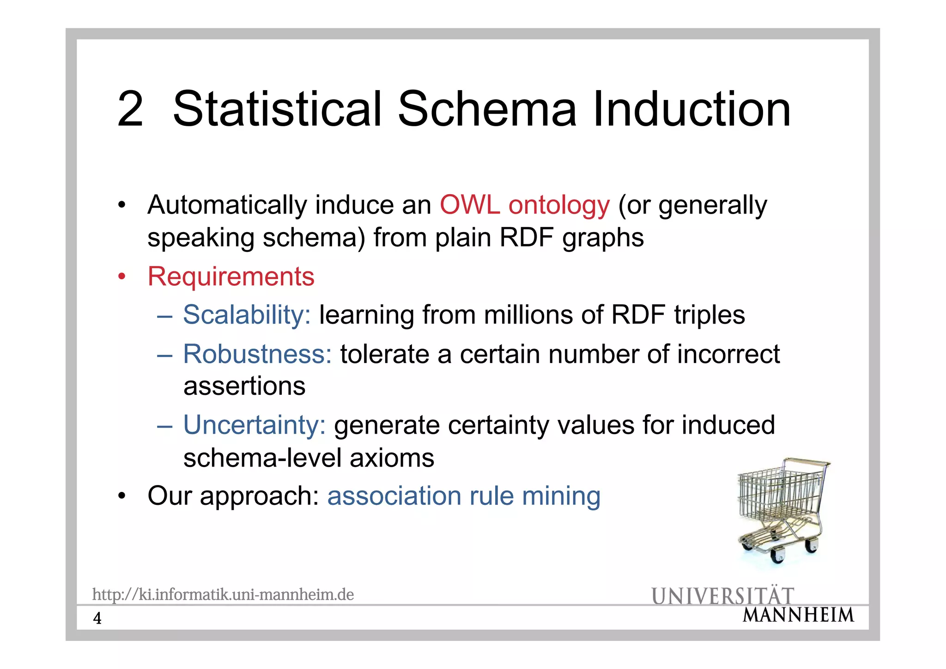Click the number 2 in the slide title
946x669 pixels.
pyautogui.click(x=130, y=109)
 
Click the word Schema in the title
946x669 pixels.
pyautogui.click(x=487, y=109)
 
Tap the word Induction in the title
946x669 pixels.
pyautogui.click(x=691, y=109)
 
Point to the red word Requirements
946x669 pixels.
pyautogui.click(x=231, y=276)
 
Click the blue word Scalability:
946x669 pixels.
pyautogui.click(x=247, y=315)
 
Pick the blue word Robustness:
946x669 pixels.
pyautogui.click(x=257, y=354)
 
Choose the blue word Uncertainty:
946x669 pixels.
pyautogui.click(x=255, y=425)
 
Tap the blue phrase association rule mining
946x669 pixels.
pyautogui.click(x=464, y=496)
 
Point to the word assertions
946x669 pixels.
pyautogui.click(x=244, y=386)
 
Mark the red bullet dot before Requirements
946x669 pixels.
pyautogui.click(x=121, y=277)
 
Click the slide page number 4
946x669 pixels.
pyautogui.click(x=97, y=618)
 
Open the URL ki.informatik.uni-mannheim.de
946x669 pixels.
pyautogui.click(x=223, y=594)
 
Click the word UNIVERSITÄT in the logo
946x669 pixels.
pyautogui.click(x=723, y=596)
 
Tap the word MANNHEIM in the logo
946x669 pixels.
pyautogui.click(x=798, y=615)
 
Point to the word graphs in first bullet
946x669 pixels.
pyautogui.click(x=603, y=238)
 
